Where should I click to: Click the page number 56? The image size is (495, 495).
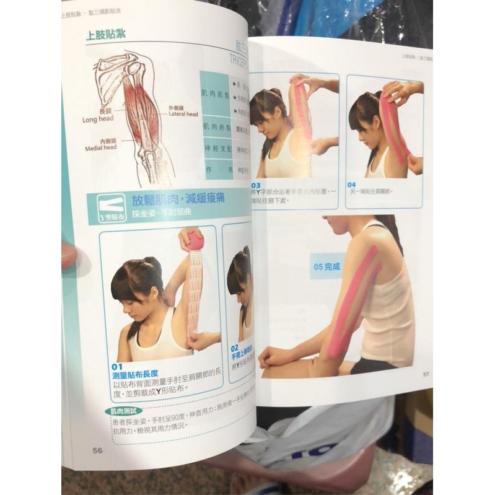[x=97, y=450]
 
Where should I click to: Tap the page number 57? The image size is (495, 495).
[x=426, y=374]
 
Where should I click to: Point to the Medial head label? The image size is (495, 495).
[x=101, y=145]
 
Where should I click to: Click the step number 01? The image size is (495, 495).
[x=117, y=366]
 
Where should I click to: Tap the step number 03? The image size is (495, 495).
[x=255, y=185]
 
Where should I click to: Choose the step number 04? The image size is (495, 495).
[x=351, y=184]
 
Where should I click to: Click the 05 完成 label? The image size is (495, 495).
[x=326, y=267]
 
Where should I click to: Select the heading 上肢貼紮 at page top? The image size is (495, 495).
[x=105, y=34]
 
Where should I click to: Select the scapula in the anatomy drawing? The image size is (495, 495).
[x=112, y=74]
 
